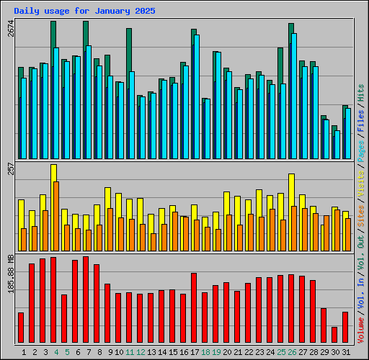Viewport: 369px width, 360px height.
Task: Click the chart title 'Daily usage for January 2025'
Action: pyautogui.click(x=84, y=12)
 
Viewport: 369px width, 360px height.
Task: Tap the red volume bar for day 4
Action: pyautogui.click(x=53, y=300)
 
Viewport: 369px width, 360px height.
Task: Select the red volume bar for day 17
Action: pyautogui.click(x=194, y=307)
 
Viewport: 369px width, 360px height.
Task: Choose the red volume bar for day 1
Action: pyautogui.click(x=21, y=328)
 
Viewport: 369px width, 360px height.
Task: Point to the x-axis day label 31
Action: pyautogui.click(x=345, y=352)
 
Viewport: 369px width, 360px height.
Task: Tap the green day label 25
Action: pyautogui.click(x=280, y=352)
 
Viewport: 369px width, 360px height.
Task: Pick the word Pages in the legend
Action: pyautogui.click(x=361, y=147)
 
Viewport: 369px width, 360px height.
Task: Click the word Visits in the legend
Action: pyautogui.click(x=361, y=179)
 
